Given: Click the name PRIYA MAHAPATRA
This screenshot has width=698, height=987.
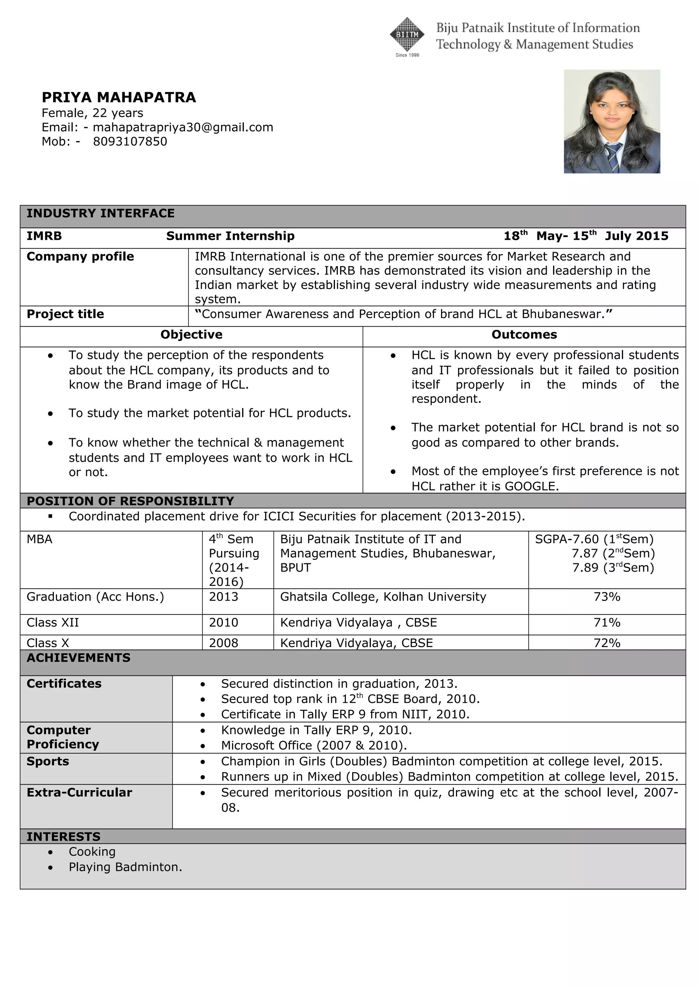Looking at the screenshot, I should point(119,98).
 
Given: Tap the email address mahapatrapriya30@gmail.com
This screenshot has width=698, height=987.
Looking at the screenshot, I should point(183,128).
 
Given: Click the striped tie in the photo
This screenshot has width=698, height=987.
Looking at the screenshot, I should point(612,157).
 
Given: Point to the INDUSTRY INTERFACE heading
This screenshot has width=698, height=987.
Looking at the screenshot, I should point(101,214).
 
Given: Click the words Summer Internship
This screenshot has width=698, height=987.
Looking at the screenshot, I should point(230,236).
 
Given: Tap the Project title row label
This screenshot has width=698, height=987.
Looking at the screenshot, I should point(65,314).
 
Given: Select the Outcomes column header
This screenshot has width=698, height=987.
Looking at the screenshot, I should point(524,335).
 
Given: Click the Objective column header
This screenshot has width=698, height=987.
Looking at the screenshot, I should point(192,335).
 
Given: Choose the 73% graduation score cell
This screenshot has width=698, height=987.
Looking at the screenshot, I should point(606,597).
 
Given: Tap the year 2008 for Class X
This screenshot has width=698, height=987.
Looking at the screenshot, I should point(223,643).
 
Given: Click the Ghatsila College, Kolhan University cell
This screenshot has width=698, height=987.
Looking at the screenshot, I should point(383,597).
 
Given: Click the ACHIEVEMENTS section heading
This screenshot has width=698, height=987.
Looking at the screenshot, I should point(78,658).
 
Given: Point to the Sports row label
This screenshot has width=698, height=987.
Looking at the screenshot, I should point(48,761).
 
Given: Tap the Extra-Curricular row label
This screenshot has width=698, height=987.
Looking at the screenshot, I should point(79,793).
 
